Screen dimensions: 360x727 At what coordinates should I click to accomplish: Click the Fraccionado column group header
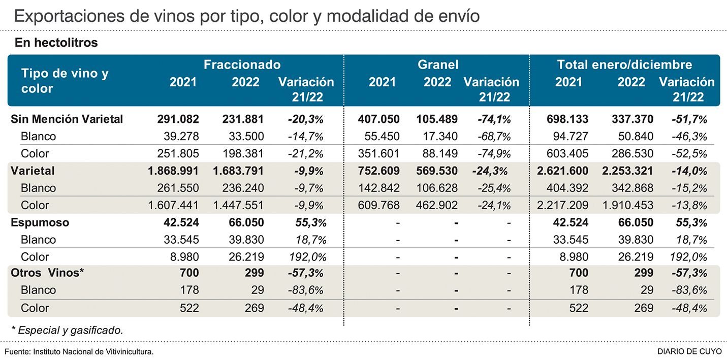(242, 65)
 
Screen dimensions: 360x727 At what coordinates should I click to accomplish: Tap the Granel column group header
(437, 65)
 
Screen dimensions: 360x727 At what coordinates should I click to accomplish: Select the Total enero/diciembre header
(624, 65)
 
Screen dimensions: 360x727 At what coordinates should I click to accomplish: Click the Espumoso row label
(40, 222)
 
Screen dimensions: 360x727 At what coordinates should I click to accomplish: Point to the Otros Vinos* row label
(47, 273)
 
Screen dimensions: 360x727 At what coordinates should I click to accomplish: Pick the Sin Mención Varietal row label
(67, 119)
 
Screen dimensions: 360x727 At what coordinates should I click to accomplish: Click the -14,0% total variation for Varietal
(689, 171)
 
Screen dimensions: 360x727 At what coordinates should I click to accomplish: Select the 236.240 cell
(243, 188)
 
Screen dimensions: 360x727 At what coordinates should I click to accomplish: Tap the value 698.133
(567, 119)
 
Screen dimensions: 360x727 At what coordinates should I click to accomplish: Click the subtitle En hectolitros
(56, 43)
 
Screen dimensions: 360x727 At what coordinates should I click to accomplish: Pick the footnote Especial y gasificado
(67, 330)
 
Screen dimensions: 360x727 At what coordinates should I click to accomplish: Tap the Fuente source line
(79, 352)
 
